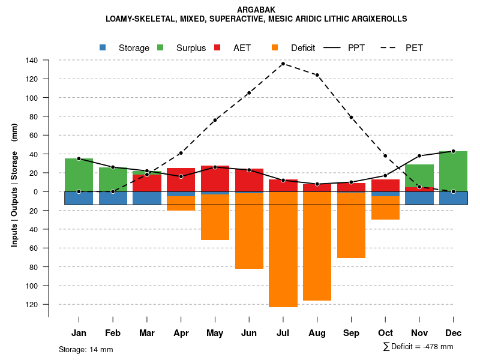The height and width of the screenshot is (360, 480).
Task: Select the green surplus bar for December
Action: [454, 171]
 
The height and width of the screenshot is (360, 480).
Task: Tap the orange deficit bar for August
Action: [317, 246]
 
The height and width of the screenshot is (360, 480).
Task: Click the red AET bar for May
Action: [215, 179]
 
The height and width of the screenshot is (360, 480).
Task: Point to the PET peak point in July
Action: [283, 64]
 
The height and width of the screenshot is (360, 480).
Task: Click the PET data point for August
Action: [317, 75]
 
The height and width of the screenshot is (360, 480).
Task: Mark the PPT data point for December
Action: [454, 151]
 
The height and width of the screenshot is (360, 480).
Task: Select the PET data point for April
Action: [181, 153]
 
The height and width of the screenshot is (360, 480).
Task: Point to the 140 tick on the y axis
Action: [31, 60]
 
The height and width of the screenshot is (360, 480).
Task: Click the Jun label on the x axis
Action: [249, 333]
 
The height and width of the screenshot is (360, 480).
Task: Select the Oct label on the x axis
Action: [385, 333]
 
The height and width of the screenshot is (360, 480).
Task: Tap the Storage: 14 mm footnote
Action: [86, 349]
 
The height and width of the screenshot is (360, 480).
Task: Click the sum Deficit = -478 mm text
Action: [418, 346]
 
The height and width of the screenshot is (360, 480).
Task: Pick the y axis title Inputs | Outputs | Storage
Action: [14, 185]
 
